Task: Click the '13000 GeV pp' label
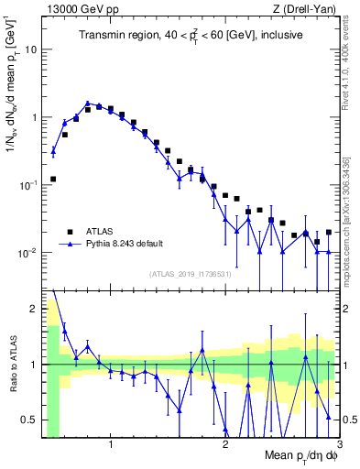point(73,8)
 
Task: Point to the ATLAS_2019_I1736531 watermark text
point(190,274)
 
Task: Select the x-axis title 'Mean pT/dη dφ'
point(300,456)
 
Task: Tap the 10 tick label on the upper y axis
point(30,49)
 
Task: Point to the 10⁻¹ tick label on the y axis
point(27,184)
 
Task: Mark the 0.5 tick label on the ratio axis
point(30,420)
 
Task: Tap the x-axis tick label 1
point(111,442)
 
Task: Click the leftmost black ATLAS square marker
point(53,179)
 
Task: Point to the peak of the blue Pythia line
point(87,104)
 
